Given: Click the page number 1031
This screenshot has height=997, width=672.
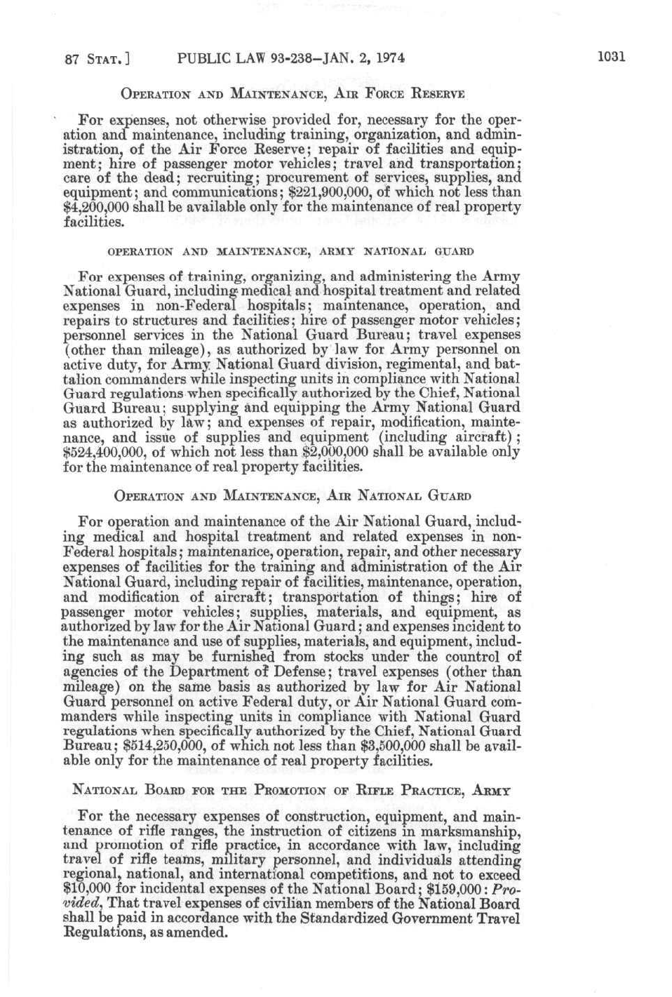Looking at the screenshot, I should (x=611, y=58).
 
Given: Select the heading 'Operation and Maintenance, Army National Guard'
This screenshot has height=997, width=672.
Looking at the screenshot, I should (x=290, y=251).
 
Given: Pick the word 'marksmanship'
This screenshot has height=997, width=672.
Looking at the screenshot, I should (x=476, y=831).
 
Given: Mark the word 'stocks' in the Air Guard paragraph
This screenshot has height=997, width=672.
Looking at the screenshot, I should (x=342, y=657).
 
